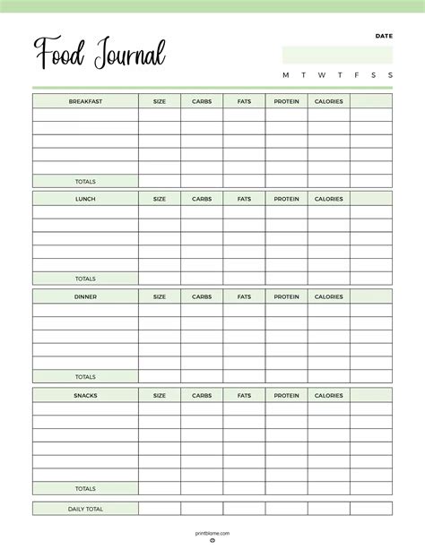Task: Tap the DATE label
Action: [384, 37]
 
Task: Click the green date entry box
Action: [337, 55]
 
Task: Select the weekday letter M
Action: [286, 75]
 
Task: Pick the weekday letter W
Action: [321, 75]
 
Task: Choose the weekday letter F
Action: [357, 75]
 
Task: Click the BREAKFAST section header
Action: [86, 101]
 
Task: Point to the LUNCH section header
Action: [86, 199]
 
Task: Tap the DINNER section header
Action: [86, 296]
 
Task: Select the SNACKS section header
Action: [86, 395]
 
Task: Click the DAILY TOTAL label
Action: [86, 509]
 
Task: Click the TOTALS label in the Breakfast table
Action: [86, 181]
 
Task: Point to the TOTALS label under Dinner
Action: [86, 377]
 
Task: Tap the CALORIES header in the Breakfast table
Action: [328, 101]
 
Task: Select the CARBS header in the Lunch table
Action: [202, 199]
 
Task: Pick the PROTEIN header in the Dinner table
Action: [286, 296]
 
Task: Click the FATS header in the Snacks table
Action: [244, 395]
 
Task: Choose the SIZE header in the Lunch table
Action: [160, 199]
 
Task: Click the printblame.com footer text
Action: [212, 533]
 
